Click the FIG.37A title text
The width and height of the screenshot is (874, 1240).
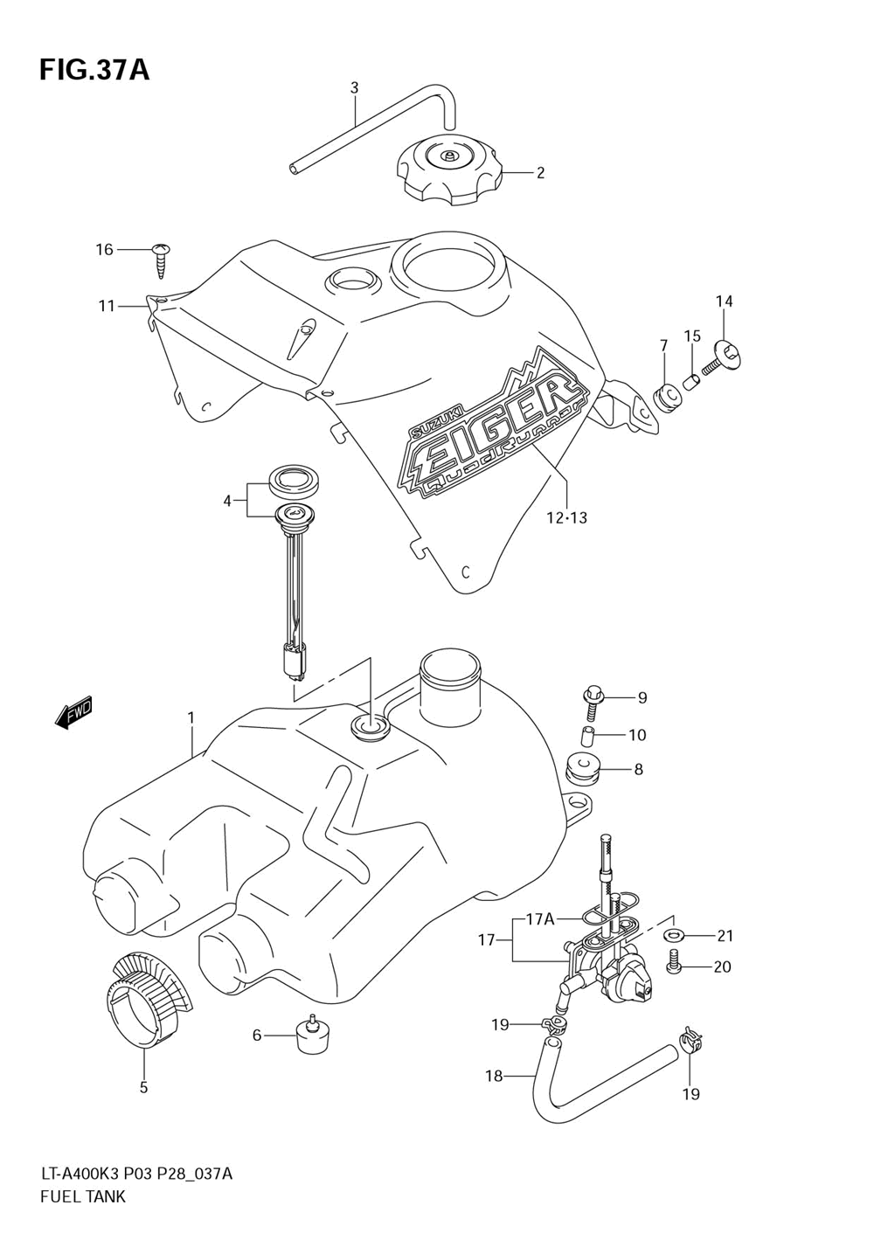pyautogui.click(x=94, y=72)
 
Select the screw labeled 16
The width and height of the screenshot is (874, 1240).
pyautogui.click(x=161, y=261)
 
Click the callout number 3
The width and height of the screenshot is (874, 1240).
pyautogui.click(x=354, y=87)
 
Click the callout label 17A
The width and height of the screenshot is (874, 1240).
pyautogui.click(x=539, y=919)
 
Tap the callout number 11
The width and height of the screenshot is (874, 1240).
pyautogui.click(x=107, y=305)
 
